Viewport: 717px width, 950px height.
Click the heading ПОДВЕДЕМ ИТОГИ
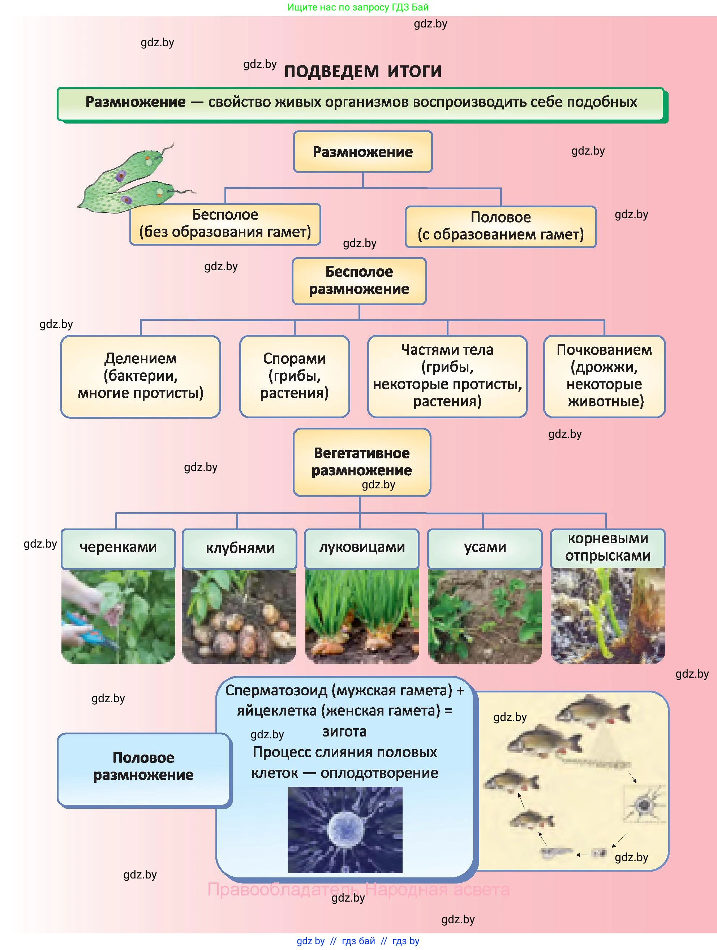click(362, 71)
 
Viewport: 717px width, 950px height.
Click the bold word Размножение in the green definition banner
click(135, 102)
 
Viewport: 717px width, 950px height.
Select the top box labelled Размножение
click(362, 152)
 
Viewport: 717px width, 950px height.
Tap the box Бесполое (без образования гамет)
click(225, 224)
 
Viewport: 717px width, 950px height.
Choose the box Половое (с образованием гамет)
click(501, 226)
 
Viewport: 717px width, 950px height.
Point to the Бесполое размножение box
click(359, 281)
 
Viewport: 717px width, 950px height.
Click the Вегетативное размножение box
click(362, 462)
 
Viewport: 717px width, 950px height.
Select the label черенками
click(118, 548)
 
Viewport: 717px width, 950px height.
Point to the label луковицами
click(362, 548)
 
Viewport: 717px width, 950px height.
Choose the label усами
click(485, 548)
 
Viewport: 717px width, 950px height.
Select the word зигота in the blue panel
click(344, 731)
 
